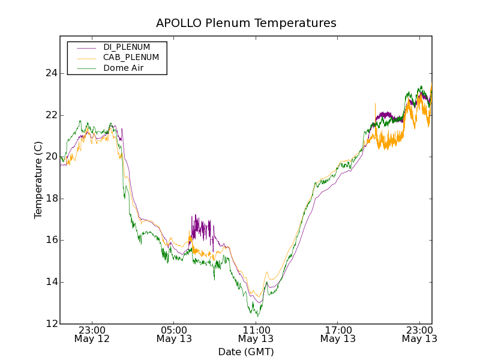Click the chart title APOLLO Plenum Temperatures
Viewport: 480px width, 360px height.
[246, 23]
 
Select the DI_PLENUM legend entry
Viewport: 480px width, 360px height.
[127, 47]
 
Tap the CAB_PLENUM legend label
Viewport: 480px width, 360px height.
[131, 58]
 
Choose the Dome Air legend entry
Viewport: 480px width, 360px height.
[124, 68]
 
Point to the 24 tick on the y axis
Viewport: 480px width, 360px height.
[51, 73]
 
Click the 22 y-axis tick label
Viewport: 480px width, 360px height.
[51, 115]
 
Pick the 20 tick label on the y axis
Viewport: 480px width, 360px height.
[51, 157]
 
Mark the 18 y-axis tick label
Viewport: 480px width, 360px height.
[51, 199]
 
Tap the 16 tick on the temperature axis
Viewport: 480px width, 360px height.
[51, 240]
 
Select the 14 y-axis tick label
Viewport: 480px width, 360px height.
[51, 282]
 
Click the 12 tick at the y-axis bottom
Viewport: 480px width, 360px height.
[51, 323]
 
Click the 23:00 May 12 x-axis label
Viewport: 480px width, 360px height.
[92, 334]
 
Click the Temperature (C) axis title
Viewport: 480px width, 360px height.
[38, 180]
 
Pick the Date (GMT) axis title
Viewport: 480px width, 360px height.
[246, 352]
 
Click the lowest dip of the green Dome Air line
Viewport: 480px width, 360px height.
[258, 316]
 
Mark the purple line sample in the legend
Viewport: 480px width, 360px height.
[86, 47]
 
